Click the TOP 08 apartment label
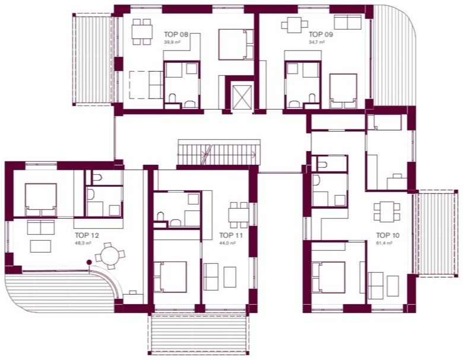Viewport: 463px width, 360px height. click(x=176, y=34)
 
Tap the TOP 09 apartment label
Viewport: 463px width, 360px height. click(x=321, y=34)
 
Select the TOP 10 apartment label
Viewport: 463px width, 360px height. click(x=388, y=235)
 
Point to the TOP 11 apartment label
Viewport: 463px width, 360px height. click(x=231, y=235)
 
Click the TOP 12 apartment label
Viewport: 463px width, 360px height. click(x=87, y=235)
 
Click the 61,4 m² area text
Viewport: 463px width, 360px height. click(x=384, y=243)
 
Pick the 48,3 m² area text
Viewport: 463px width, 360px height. click(x=83, y=243)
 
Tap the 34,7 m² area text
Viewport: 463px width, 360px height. click(x=317, y=43)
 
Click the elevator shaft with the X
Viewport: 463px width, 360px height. click(x=242, y=96)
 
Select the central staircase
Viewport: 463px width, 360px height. click(x=219, y=152)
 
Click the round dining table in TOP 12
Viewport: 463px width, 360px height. click(x=109, y=256)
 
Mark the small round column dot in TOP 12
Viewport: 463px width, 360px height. click(x=88, y=262)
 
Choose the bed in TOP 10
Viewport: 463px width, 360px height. click(x=328, y=277)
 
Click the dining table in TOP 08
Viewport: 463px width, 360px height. click(x=142, y=31)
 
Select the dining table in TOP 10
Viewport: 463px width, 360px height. click(x=387, y=211)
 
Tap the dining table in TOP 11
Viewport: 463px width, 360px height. click(x=238, y=215)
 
